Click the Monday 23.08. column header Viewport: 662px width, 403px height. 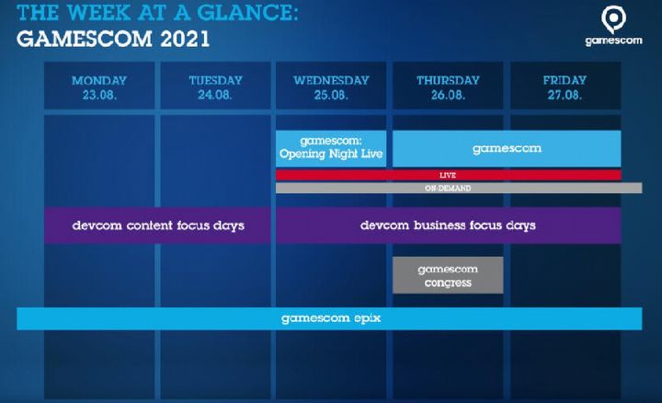click(99, 86)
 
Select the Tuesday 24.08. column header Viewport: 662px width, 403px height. click(215, 86)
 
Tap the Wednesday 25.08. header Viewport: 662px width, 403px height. click(331, 86)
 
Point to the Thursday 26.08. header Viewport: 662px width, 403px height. click(448, 86)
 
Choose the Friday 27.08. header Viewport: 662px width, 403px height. click(565, 86)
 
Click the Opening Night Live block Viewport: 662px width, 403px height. click(331, 148)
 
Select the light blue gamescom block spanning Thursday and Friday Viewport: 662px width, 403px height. click(507, 148)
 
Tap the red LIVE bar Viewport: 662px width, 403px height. click(449, 175)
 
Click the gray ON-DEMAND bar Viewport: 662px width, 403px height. click(459, 188)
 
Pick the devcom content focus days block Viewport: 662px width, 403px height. click(157, 225)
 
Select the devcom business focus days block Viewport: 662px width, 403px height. click(449, 225)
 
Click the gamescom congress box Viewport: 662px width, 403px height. click(448, 275)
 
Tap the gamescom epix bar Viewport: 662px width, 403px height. click(329, 318)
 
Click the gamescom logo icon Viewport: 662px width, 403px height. click(613, 19)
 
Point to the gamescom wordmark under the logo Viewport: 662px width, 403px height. click(613, 41)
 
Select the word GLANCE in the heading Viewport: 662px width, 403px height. click(248, 12)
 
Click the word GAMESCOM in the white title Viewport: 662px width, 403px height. click(84, 40)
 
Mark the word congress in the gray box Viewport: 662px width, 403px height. click(448, 283)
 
